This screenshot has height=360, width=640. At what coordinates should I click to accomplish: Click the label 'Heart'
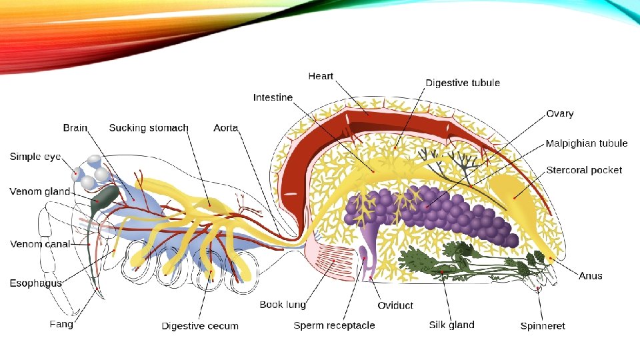click(321, 77)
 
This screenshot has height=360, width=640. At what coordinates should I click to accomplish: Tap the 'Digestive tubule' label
click(463, 83)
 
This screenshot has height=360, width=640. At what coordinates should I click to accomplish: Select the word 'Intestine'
click(273, 97)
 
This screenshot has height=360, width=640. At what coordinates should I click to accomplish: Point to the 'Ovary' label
click(559, 114)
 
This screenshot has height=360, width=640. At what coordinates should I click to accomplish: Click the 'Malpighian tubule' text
click(586, 143)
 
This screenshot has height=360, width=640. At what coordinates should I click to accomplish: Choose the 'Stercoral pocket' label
click(584, 170)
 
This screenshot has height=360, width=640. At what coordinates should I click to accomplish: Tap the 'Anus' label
click(590, 275)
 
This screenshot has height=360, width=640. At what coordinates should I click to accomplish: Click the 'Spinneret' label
click(543, 326)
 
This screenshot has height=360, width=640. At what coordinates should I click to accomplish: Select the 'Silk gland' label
click(451, 325)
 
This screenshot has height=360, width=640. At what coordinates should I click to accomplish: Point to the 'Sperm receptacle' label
click(334, 325)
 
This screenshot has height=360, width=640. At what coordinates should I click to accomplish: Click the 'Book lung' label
click(283, 305)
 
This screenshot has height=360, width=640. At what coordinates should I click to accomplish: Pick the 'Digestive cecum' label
click(200, 326)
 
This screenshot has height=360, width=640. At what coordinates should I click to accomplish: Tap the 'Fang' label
click(61, 324)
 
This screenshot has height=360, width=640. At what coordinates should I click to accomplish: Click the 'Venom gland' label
click(39, 191)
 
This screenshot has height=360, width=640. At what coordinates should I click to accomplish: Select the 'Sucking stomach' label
click(149, 127)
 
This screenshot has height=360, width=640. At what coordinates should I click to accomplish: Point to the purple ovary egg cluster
click(440, 213)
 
